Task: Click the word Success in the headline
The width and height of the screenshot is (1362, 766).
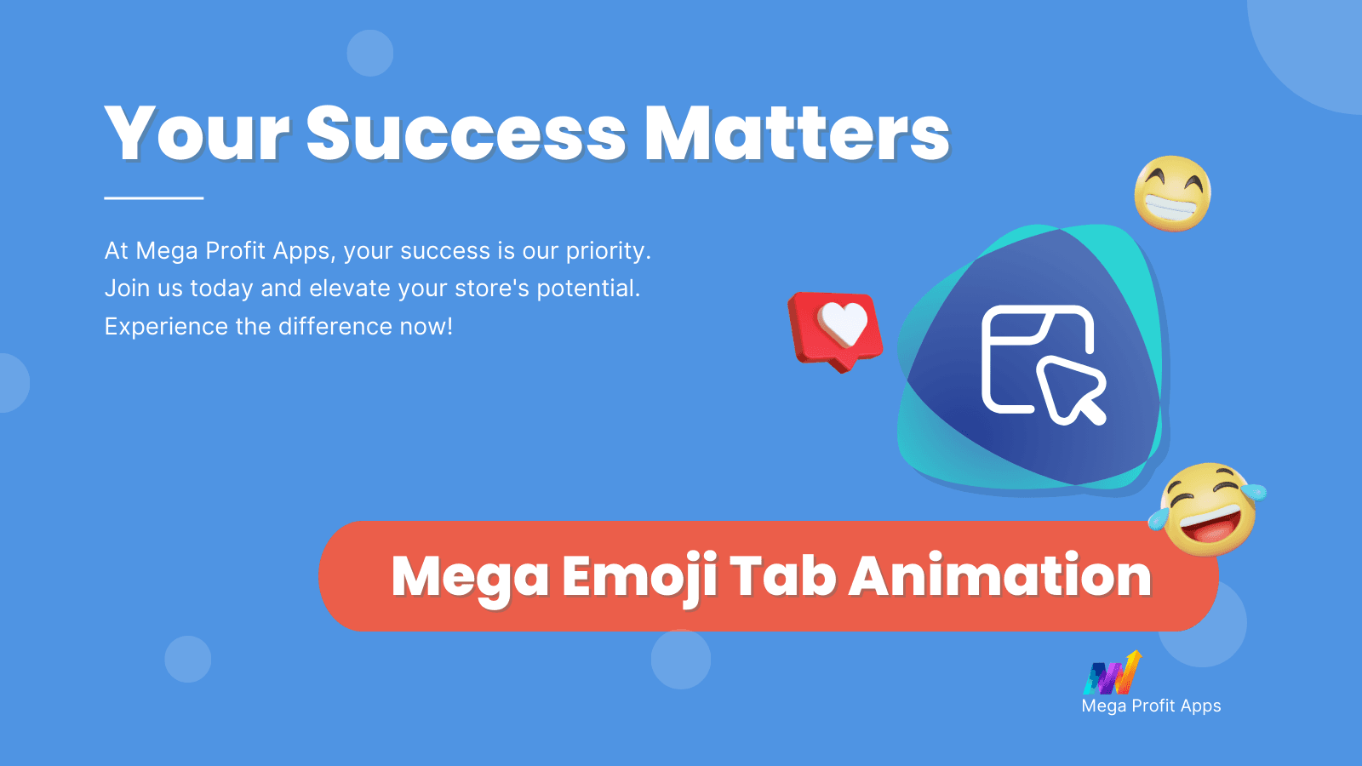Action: coord(466,133)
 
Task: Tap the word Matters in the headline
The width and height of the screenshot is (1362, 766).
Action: coord(797,133)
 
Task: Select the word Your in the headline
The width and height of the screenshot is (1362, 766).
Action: coord(197,133)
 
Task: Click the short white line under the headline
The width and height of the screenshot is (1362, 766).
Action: coord(154,197)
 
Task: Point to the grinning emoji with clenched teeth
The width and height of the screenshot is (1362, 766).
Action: coord(1172,193)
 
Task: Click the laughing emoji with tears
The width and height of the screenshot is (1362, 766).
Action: coord(1208,510)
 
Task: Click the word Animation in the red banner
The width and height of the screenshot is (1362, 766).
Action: coord(1000,575)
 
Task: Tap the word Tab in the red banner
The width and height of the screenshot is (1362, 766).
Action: coord(783,575)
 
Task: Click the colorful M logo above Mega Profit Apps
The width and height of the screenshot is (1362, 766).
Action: coord(1113,672)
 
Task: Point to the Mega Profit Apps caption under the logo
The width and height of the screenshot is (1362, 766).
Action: coord(1151,706)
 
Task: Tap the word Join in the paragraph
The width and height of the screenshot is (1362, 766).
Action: coord(127,289)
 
